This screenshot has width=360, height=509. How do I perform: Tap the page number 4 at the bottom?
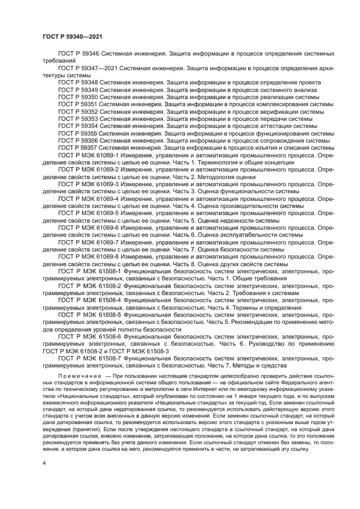[x=44, y=462]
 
